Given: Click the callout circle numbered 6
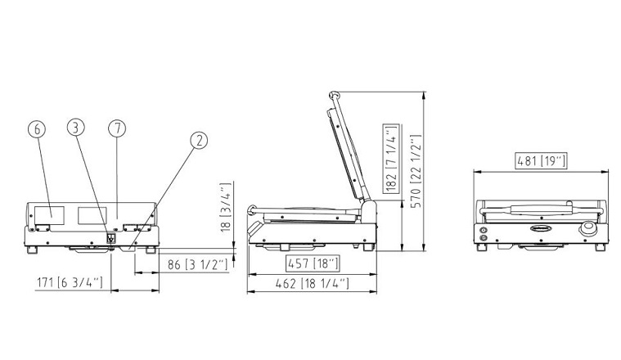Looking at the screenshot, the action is pos(37,129).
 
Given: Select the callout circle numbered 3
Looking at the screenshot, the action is pos(75,127).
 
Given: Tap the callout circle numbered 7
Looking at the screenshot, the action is pos(117,128).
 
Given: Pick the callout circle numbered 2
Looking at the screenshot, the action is pos(199,140).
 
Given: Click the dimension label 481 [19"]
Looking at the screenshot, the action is pos(542,161).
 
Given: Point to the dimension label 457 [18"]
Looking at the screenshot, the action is pos(313,263).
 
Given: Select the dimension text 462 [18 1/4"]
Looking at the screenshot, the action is pos(312,284).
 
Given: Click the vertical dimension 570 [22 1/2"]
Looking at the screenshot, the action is pos(416,171).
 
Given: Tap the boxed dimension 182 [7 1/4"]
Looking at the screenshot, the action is pos(391,158).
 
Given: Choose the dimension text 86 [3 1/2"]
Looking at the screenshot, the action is pos(198,264).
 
